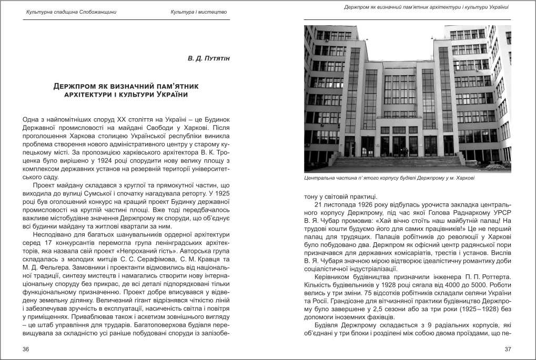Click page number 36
(x=26, y=349)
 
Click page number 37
(x=508, y=349)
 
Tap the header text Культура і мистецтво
(x=199, y=12)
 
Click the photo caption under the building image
(x=389, y=178)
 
